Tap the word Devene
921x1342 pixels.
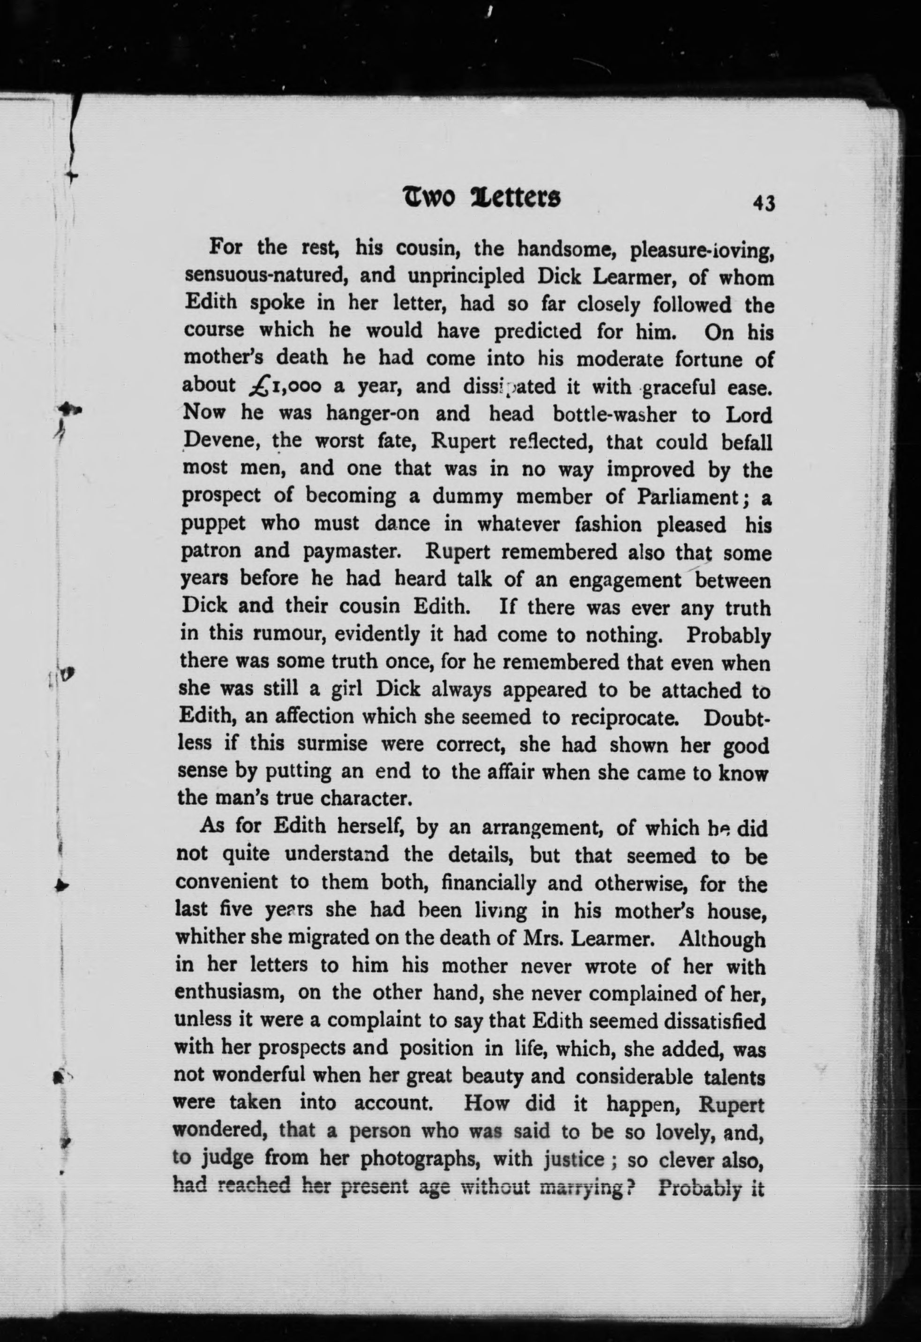click(x=217, y=441)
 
